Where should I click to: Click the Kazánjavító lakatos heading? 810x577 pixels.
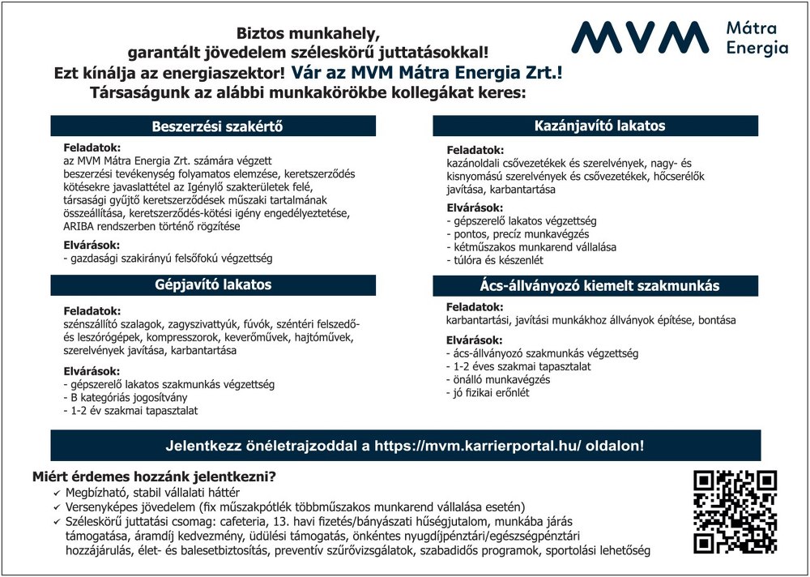coord(599,126)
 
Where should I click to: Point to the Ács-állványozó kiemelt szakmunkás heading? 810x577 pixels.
coord(599,286)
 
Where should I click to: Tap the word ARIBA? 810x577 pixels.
coord(80,227)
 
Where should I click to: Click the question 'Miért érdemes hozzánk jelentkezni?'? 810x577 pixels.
coord(154,477)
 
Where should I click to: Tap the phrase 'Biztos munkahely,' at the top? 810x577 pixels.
coord(308,34)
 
